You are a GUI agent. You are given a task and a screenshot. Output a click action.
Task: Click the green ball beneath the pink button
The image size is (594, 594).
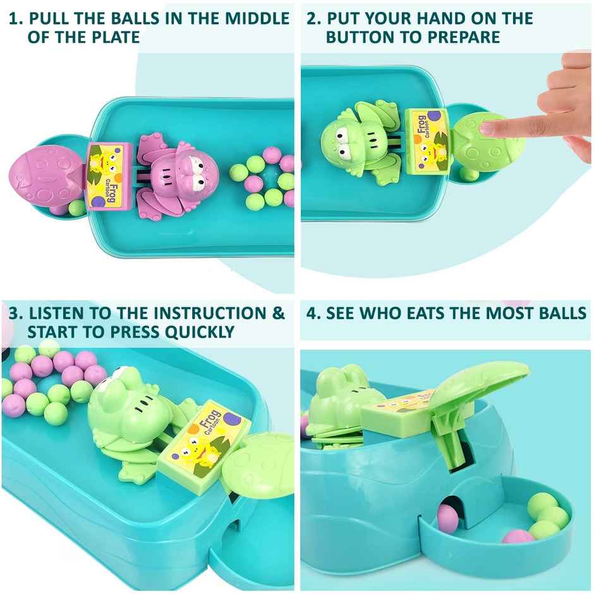(76, 207)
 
